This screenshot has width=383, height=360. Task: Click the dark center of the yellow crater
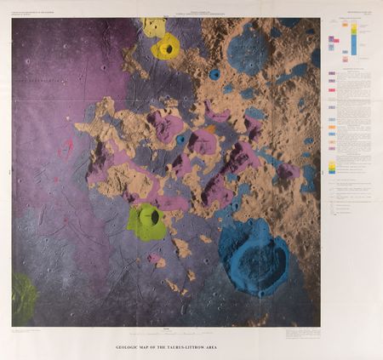[169, 49]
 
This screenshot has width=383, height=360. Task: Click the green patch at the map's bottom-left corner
[24, 298]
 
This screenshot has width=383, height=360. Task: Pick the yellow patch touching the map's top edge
[154, 26]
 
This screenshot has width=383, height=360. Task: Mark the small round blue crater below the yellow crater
[214, 75]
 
